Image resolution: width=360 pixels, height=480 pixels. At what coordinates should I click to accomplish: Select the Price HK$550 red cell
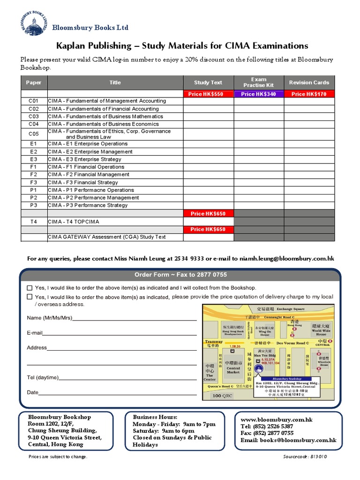click(x=209, y=94)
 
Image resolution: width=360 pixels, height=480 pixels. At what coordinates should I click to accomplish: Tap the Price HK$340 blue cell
click(x=259, y=94)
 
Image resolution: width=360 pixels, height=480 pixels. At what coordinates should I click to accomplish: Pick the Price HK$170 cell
click(x=309, y=94)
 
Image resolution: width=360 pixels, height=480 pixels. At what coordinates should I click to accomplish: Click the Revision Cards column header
click(x=309, y=82)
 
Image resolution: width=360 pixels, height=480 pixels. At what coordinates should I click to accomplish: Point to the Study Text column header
click(x=209, y=82)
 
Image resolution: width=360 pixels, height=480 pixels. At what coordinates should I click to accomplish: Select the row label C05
click(x=33, y=134)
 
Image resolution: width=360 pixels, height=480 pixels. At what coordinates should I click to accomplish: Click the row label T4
click(x=33, y=221)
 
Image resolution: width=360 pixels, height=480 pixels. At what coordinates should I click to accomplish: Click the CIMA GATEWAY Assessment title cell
click(x=107, y=237)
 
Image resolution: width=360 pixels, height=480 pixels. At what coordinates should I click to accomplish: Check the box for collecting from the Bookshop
click(x=30, y=288)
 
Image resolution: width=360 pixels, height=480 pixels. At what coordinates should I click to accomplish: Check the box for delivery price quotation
click(x=30, y=297)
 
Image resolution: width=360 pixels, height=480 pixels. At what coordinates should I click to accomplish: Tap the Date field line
click(x=117, y=393)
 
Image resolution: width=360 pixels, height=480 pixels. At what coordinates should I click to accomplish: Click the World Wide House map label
click(x=321, y=332)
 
